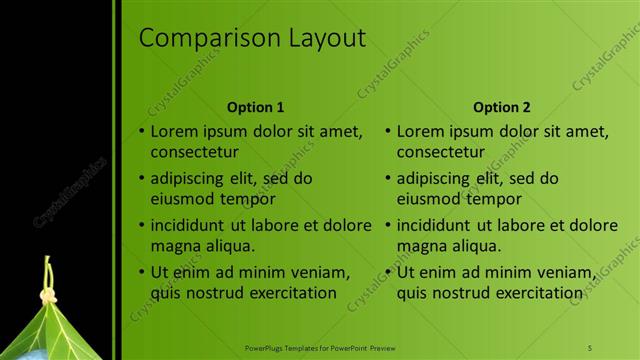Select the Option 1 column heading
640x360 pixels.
256,107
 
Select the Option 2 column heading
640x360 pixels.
502,107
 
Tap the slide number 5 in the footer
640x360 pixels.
590,347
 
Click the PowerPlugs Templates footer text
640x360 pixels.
320,347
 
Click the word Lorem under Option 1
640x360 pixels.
173,131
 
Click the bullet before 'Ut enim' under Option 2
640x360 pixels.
388,271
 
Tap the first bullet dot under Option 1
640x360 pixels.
141,131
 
